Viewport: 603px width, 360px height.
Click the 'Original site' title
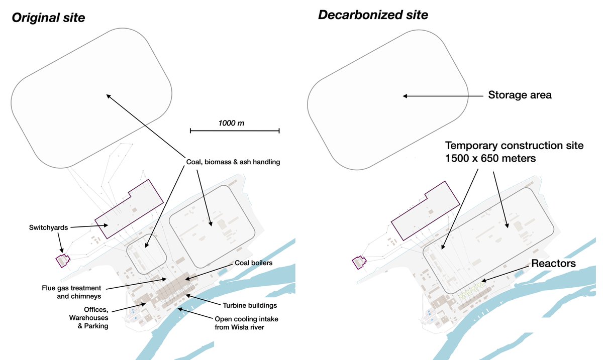click(48, 18)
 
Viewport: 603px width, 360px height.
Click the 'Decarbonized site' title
click(373, 15)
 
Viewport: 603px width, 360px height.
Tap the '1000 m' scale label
click(231, 123)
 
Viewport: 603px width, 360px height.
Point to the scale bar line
click(234, 131)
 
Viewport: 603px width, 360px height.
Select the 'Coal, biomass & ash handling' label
click(230, 162)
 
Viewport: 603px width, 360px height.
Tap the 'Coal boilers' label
click(253, 263)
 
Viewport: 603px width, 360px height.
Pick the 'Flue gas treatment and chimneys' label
click(71, 292)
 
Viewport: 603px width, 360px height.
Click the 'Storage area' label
click(520, 95)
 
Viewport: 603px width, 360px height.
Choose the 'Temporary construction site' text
click(515, 146)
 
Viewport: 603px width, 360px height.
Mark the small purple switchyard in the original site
click(62, 261)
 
